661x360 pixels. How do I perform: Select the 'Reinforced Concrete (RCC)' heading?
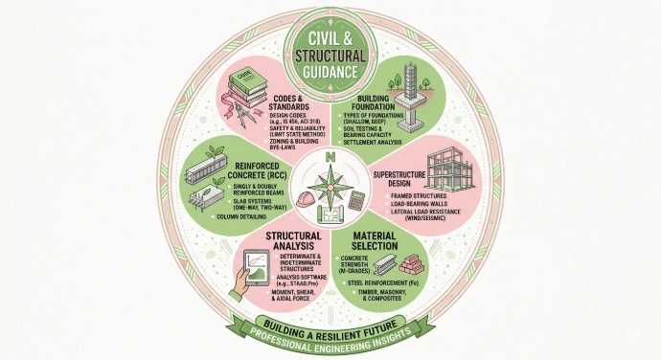tap(250, 170)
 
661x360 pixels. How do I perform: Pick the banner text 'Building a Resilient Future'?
tap(330, 326)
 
